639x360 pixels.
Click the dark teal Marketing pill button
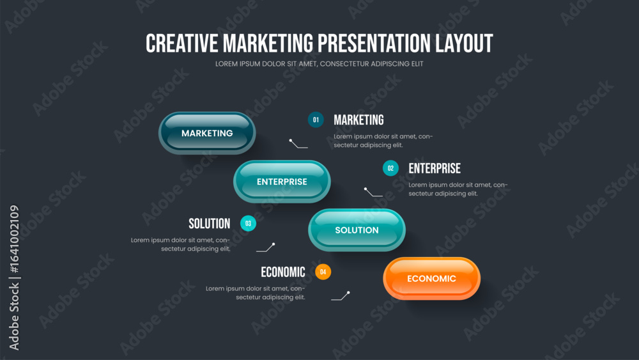[x=207, y=133]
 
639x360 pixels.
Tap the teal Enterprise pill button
[x=282, y=182]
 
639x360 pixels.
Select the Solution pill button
[x=357, y=230]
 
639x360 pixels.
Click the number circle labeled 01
[x=316, y=120]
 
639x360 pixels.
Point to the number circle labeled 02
[x=390, y=168]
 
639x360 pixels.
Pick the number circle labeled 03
[x=248, y=223]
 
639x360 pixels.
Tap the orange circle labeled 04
[x=323, y=272]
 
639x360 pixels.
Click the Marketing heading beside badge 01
[x=358, y=120]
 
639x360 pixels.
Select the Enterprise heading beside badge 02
[x=435, y=168]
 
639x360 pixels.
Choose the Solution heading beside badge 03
[x=210, y=223]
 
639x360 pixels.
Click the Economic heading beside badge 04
[x=283, y=272]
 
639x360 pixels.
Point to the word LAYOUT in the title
[x=464, y=43]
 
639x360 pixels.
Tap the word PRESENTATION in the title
[x=374, y=43]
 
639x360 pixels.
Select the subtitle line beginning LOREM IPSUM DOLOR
[x=319, y=64]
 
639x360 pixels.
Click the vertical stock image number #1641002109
[x=14, y=239]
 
